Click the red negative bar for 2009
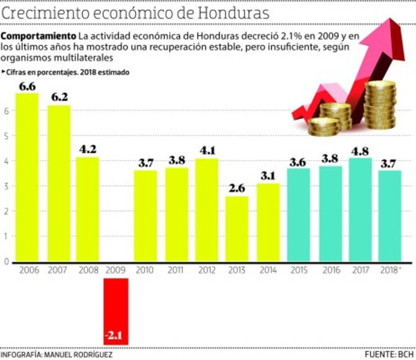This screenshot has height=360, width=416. (x=116, y=308)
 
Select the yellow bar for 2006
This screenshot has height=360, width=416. (x=27, y=178)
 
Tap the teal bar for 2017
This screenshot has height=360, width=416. (x=360, y=210)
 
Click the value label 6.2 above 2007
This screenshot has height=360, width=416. (x=59, y=98)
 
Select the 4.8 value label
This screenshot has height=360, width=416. (x=360, y=151)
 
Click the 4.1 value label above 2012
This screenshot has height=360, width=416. (x=207, y=151)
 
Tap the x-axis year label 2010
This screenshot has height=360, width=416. (x=144, y=270)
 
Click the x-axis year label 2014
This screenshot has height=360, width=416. (x=268, y=270)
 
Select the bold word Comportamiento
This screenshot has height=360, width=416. (x=38, y=36)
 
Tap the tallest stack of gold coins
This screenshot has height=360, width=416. (x=380, y=105)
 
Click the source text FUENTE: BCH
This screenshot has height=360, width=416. (x=390, y=355)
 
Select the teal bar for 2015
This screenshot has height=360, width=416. (x=299, y=215)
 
